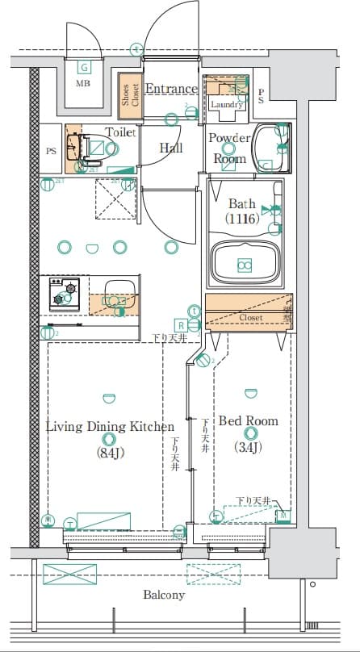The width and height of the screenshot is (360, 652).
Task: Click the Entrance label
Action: [171, 89]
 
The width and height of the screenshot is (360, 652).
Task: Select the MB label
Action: [83, 83]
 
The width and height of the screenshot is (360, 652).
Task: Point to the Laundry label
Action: [226, 105]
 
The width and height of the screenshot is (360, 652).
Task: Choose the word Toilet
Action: [120, 132]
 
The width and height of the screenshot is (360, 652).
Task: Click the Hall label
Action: [170, 148]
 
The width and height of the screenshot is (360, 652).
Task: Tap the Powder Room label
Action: [228, 148]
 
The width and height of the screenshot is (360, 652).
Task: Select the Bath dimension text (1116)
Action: [242, 218]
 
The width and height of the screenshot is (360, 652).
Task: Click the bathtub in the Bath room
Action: [244, 263]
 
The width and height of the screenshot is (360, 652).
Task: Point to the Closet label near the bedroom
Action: [250, 318]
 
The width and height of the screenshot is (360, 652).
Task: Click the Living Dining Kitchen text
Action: [109, 427]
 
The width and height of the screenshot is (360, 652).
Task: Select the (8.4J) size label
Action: [109, 453]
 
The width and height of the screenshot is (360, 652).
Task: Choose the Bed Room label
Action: [249, 421]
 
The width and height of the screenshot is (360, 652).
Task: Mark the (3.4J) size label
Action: [248, 447]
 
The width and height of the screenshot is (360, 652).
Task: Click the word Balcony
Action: [164, 596]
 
